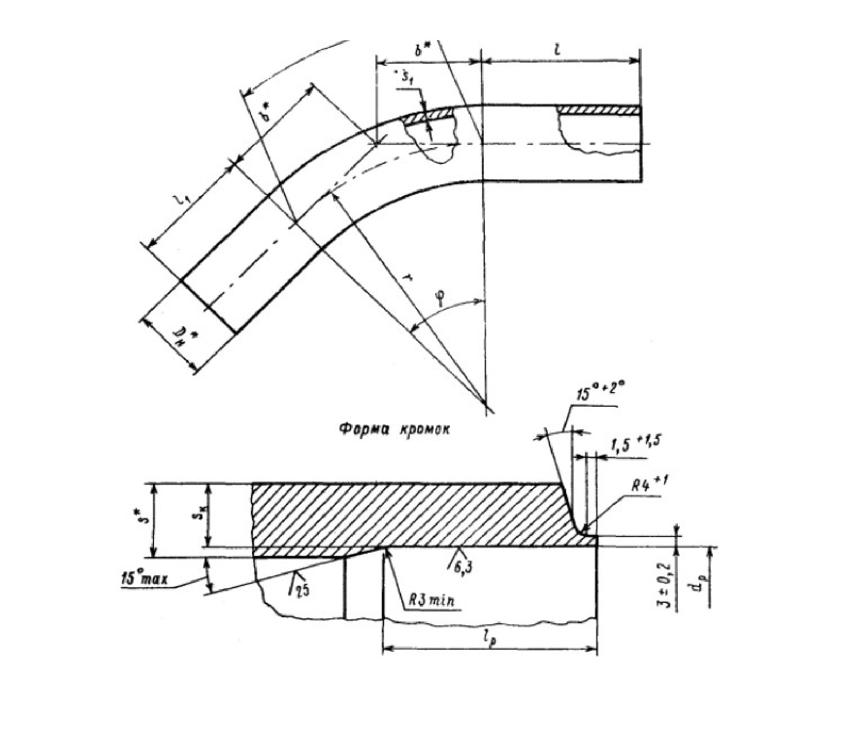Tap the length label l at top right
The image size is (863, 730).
558,49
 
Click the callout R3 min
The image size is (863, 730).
430,601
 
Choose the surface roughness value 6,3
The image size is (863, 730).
460,566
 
